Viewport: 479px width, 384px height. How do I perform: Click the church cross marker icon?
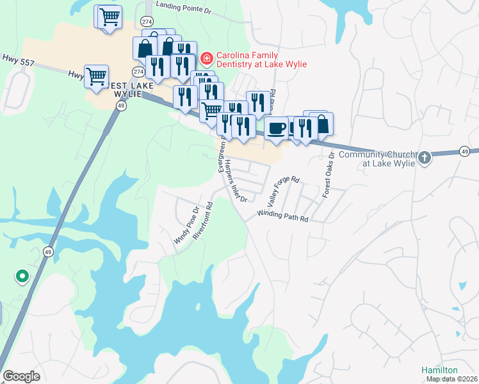coord(423,157)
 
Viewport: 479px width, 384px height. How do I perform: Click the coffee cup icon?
coord(277,128)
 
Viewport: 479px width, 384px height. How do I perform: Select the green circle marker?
coord(22,276)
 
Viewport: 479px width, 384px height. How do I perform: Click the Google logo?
coord(21,376)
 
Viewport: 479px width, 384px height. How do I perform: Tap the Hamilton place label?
coord(439,370)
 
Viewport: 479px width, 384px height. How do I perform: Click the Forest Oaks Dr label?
coord(328,173)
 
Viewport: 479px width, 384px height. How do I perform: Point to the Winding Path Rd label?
coord(283,216)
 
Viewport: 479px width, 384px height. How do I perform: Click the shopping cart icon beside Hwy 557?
coord(96,76)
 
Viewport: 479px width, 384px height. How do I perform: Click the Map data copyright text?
coord(452,379)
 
